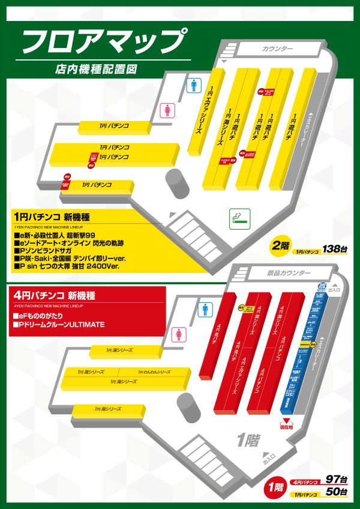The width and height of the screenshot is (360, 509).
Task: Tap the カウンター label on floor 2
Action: pos(277,49)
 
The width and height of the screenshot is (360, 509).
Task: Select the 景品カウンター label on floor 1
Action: pos(288,273)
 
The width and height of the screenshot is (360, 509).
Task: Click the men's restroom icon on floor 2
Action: pos(194,86)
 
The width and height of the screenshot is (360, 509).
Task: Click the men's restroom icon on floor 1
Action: pos(206,309)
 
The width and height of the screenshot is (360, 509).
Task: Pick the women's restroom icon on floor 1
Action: pos(178,334)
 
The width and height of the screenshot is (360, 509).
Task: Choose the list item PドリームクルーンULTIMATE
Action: pos(61,324)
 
